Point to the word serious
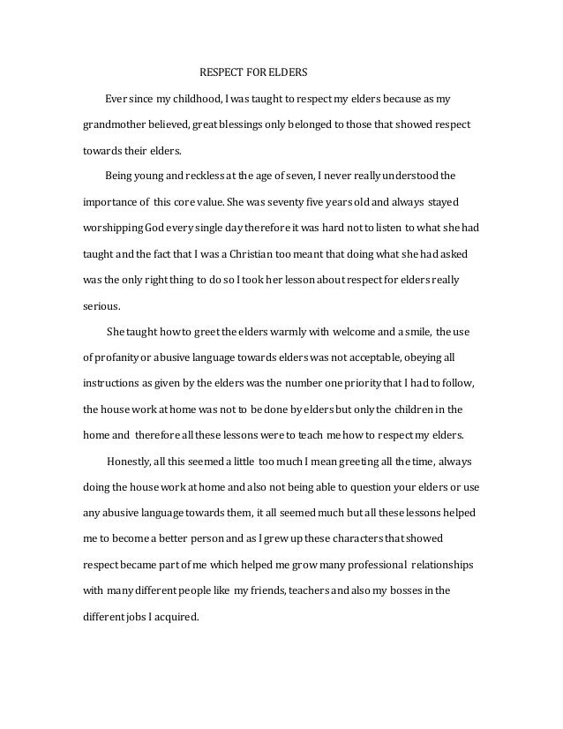[100, 308]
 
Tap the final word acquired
[179, 618]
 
